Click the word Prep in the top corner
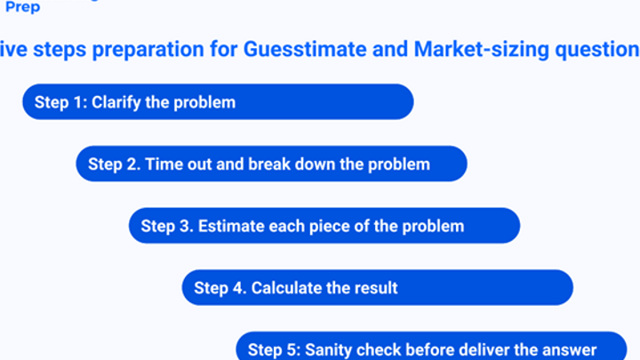(23, 7)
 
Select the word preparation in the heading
(148, 50)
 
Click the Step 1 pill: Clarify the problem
(218, 101)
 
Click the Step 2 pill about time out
(271, 164)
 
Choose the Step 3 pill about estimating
(324, 226)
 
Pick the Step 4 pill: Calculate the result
(378, 287)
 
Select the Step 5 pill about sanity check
(431, 346)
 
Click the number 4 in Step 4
(238, 288)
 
